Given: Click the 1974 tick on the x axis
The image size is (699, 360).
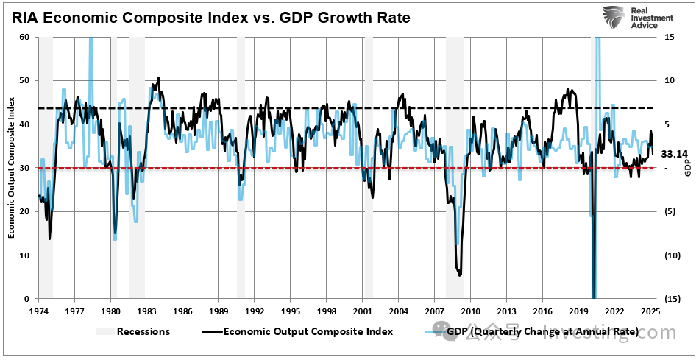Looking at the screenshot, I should [x=38, y=311].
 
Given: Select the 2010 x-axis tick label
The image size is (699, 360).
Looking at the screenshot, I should [x=470, y=311].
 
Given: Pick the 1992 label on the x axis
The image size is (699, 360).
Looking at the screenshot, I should [x=255, y=311].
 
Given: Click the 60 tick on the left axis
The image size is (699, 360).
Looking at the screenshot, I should [x=24, y=37].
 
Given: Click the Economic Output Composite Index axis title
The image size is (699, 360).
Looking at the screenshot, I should [x=12, y=168].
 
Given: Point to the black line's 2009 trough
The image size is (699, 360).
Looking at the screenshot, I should [x=460, y=274].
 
